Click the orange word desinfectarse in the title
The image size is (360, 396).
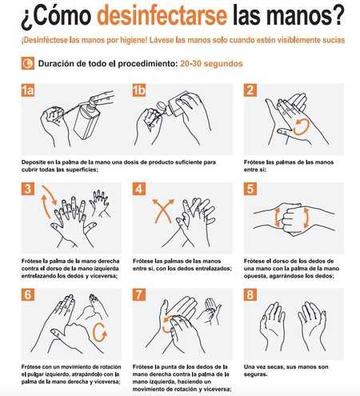click(162, 15)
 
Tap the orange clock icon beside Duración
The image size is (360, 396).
click(28, 63)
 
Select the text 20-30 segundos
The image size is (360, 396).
click(211, 64)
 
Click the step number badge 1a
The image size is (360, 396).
click(28, 90)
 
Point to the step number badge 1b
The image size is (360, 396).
click(139, 90)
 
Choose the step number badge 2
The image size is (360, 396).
click(250, 90)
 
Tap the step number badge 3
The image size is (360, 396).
click(28, 189)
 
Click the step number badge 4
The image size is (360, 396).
click(139, 189)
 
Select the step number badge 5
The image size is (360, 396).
click(250, 189)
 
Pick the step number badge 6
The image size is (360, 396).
click(28, 294)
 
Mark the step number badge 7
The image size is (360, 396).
click(139, 294)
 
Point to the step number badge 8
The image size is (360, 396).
click(250, 294)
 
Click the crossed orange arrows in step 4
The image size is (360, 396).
click(163, 211)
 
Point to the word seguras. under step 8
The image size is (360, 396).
click(255, 374)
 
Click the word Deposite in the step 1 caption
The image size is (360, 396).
click(32, 162)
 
